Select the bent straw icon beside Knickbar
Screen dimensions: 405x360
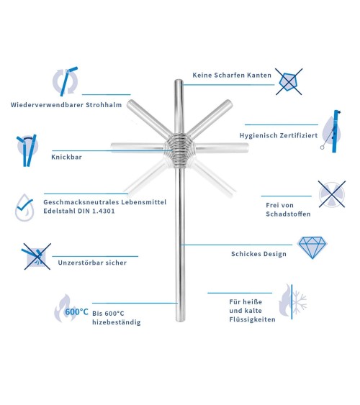[27, 149]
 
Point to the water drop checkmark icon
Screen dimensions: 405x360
[25, 205]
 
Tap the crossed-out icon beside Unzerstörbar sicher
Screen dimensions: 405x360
[32, 256]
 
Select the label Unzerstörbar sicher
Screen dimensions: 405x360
[92, 263]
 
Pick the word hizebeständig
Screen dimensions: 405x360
[116, 322]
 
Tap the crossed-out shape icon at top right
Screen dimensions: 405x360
[289, 81]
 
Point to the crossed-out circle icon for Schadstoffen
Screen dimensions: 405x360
[333, 194]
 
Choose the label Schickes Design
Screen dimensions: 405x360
[259, 254]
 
